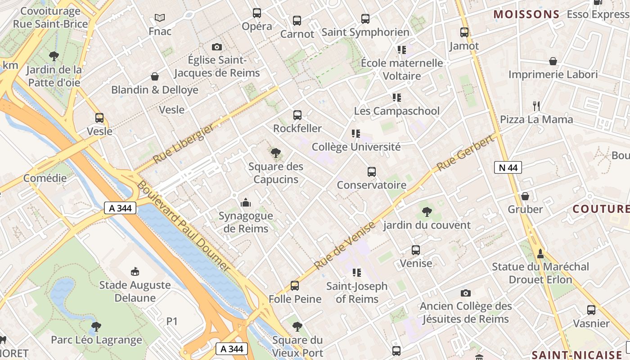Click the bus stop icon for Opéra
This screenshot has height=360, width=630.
click(x=257, y=13)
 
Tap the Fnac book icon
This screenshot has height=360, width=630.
click(x=160, y=18)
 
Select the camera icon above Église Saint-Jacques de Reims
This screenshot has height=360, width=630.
click(x=217, y=47)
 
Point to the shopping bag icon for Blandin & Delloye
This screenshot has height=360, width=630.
click(x=155, y=76)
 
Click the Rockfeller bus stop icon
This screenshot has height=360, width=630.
click(x=297, y=115)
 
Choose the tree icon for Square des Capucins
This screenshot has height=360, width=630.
click(x=276, y=153)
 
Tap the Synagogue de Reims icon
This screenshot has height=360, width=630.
click(x=246, y=202)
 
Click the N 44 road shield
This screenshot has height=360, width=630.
click(x=508, y=168)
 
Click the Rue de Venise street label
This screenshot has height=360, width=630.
click(x=345, y=246)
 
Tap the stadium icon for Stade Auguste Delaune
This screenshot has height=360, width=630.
click(x=135, y=271)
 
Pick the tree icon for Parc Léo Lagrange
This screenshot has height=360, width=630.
click(x=96, y=326)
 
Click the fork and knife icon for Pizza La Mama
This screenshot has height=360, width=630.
click(x=536, y=106)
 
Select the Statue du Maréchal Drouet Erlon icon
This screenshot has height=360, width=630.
click(x=540, y=254)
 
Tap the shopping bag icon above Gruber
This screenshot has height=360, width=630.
click(x=525, y=196)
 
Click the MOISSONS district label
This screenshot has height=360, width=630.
click(x=526, y=14)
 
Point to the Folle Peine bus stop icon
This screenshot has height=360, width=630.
click(x=295, y=286)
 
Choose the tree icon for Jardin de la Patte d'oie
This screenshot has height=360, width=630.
click(x=54, y=56)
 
